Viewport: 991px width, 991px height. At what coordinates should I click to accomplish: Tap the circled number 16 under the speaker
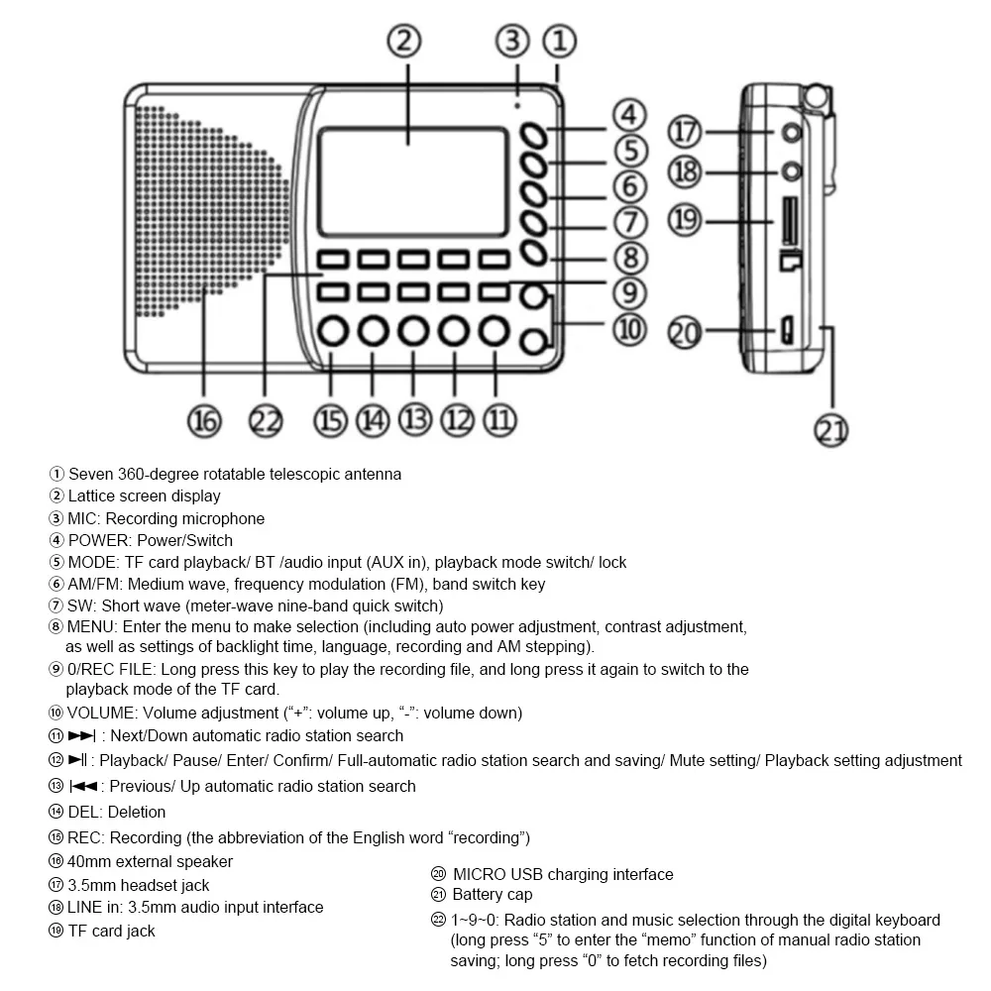coord(204,420)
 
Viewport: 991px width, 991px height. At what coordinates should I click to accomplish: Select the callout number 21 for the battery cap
coord(830,430)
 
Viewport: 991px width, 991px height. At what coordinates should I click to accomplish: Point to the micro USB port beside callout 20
coord(782,331)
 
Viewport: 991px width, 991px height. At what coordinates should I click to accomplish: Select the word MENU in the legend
coord(92,626)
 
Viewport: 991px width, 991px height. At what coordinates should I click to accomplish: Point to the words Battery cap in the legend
coord(493,895)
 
